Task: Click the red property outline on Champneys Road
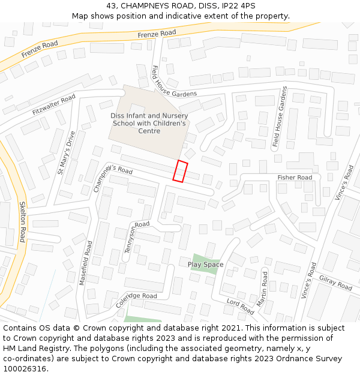click(180, 171)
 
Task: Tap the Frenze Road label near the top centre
click(157, 34)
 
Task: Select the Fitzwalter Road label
click(54, 104)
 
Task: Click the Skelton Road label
click(23, 221)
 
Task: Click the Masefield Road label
click(85, 263)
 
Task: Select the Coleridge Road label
click(136, 298)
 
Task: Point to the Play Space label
click(205, 265)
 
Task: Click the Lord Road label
click(241, 306)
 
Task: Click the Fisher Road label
click(295, 178)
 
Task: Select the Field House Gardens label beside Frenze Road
click(174, 82)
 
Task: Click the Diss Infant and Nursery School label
click(149, 123)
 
